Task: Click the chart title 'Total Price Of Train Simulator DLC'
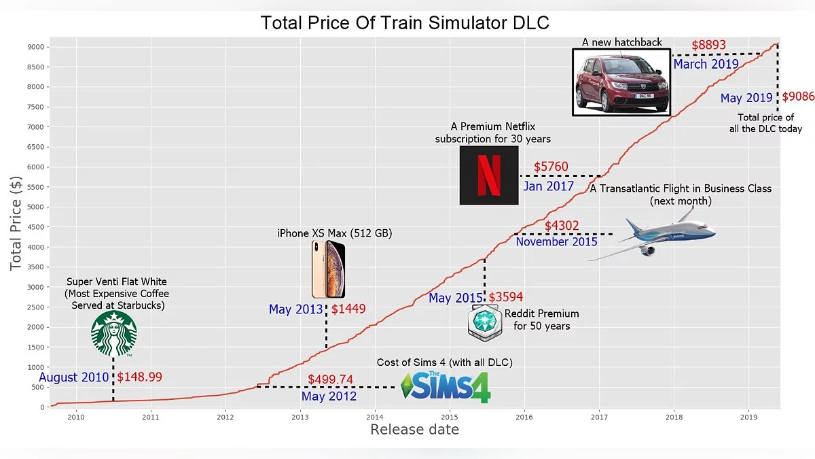click(x=405, y=23)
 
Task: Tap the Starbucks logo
click(x=114, y=334)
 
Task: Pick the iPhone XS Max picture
click(x=328, y=269)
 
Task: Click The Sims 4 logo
click(x=446, y=387)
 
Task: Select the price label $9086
click(x=798, y=97)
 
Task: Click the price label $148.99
click(x=140, y=377)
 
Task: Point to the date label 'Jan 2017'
click(x=548, y=186)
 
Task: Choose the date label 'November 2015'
click(x=556, y=241)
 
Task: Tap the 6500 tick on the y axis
click(x=36, y=147)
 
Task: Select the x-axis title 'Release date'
click(x=414, y=430)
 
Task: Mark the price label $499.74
click(x=330, y=379)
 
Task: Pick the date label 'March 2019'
click(x=706, y=65)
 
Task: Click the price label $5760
click(x=551, y=167)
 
